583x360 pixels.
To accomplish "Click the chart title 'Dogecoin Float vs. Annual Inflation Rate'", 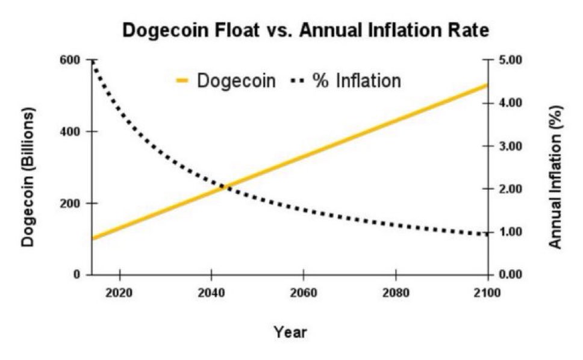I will (x=306, y=31).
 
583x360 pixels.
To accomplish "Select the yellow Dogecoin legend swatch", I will (x=183, y=80).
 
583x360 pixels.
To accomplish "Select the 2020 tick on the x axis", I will (x=120, y=293).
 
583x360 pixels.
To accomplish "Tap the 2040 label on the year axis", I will (x=211, y=293).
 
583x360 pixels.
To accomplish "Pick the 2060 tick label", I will (x=304, y=293).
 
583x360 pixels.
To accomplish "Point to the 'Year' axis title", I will (x=290, y=332).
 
